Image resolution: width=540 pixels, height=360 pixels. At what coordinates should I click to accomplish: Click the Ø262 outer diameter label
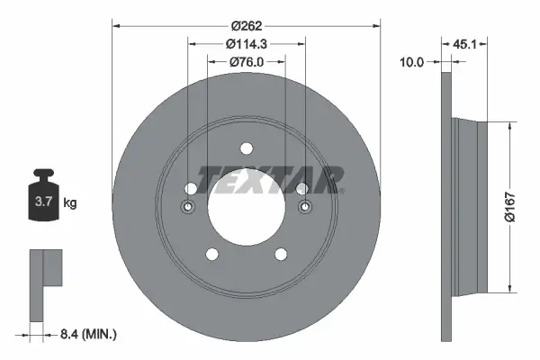pyautogui.click(x=247, y=27)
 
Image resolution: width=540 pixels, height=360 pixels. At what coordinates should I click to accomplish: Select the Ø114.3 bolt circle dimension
pyautogui.click(x=245, y=44)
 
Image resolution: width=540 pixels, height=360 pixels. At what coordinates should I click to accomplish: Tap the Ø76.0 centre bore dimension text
pyautogui.click(x=246, y=61)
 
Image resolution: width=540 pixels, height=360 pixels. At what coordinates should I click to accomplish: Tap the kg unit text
pyautogui.click(x=70, y=203)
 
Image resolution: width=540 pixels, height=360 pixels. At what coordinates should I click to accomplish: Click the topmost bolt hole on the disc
pyautogui.click(x=246, y=149)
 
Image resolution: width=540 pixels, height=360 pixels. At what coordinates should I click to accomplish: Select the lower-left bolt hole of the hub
pyautogui.click(x=211, y=255)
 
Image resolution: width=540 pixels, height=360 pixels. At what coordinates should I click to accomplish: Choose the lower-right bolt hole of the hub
pyautogui.click(x=280, y=255)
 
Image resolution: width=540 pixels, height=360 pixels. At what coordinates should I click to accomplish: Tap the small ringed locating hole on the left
pyautogui.click(x=189, y=208)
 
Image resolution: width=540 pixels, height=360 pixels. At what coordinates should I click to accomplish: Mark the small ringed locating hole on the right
pyautogui.click(x=302, y=208)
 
